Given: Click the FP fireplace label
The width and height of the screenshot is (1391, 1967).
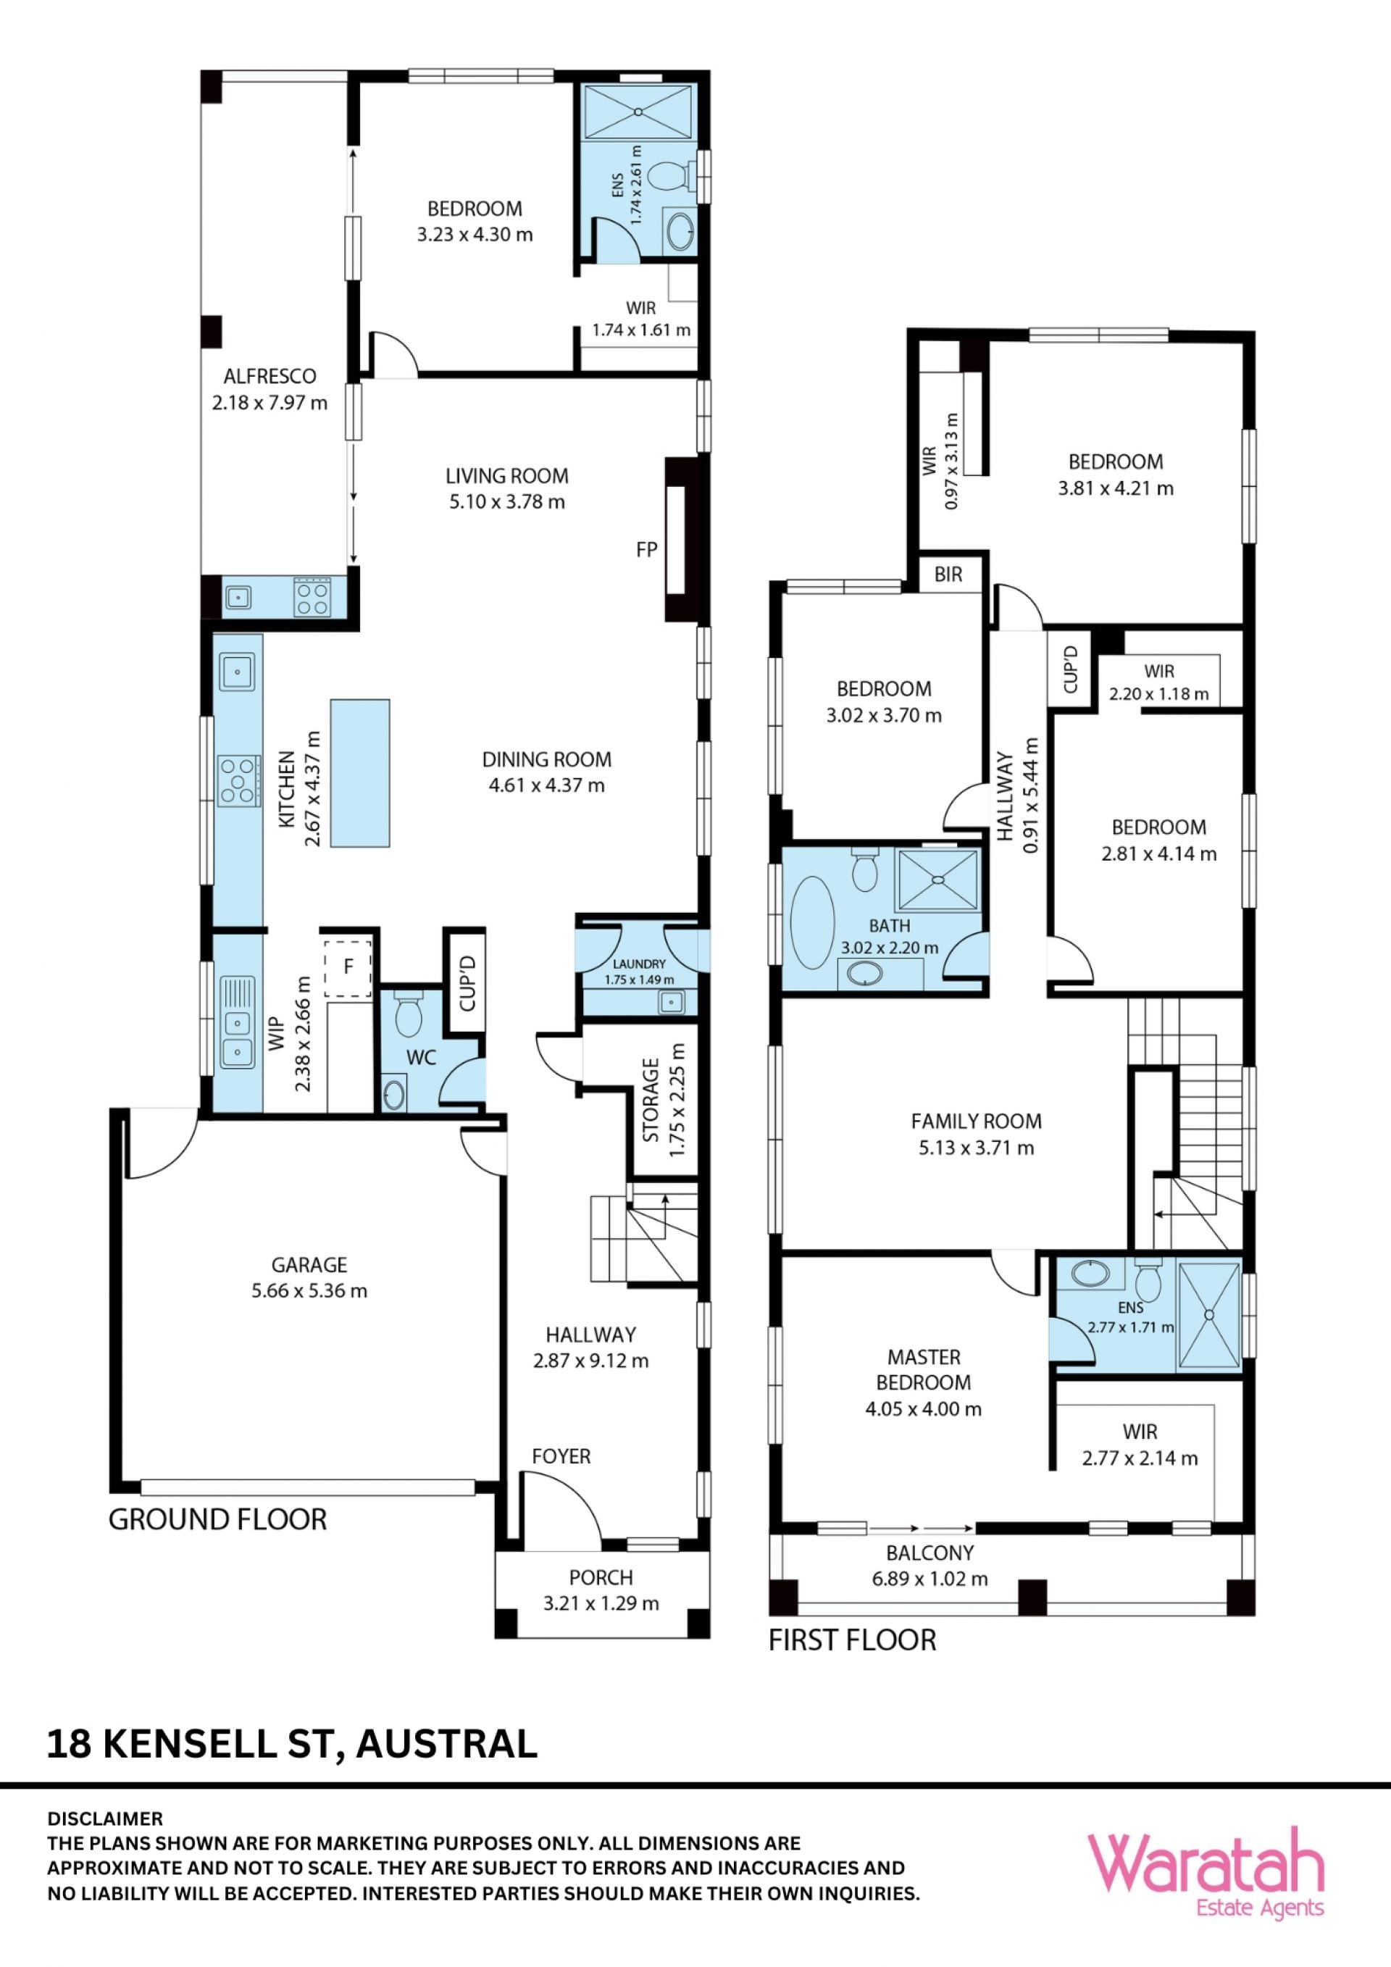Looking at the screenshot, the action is point(647,549).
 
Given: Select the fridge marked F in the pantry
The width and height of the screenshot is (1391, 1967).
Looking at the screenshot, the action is point(348,967).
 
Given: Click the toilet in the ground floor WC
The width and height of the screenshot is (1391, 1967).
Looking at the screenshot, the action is point(409,1013).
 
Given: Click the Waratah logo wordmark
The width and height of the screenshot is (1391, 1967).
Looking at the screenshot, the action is point(1206,1865).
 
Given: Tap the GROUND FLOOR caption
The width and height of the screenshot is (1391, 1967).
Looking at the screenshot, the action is point(217,1519).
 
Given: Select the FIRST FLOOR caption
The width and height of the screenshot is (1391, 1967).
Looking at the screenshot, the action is point(852,1640).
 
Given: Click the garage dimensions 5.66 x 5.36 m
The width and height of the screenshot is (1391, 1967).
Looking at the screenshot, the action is point(309,1291).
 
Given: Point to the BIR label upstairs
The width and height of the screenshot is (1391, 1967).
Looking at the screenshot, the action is point(948,574).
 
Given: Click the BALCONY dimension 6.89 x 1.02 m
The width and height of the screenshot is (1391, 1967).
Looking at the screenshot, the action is point(930,1578).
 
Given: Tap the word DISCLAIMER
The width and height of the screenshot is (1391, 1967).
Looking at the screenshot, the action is point(104,1818).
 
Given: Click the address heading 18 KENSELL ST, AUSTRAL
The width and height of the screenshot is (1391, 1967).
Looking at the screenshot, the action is point(292,1745).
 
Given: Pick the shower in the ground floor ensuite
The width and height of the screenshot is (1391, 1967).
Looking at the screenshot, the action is point(638,111).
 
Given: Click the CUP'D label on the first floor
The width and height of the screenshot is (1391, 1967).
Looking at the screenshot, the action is point(1071,669).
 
